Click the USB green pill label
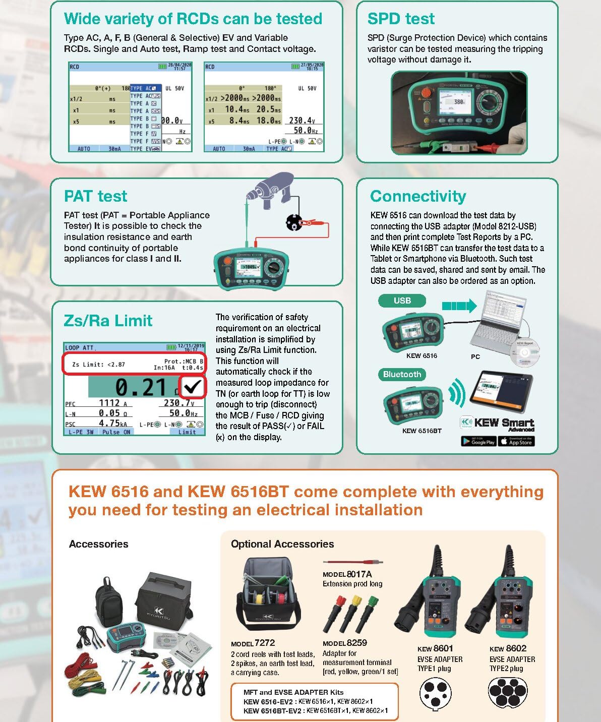click(402, 301)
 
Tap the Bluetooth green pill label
click(402, 375)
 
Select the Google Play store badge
click(478, 441)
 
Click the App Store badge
click(516, 441)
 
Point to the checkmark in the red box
click(192, 387)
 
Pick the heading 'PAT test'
click(95, 196)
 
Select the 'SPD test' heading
click(401, 19)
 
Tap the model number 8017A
click(359, 574)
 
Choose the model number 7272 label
click(265, 643)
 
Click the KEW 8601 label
click(435, 648)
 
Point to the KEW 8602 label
click(508, 648)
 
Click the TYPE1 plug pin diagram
click(435, 694)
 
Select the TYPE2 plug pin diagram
click(508, 693)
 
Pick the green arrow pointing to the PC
click(459, 306)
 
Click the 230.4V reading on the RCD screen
click(302, 121)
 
